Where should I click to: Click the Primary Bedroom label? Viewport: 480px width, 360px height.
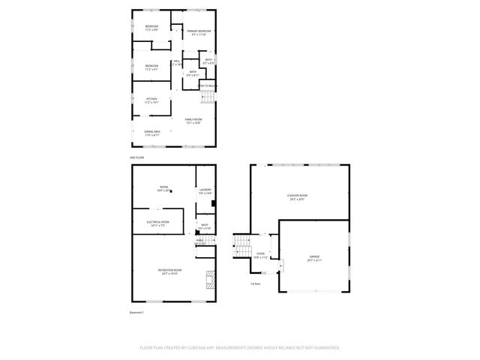(x=199, y=33)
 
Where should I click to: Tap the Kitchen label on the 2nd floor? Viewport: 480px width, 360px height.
(x=152, y=100)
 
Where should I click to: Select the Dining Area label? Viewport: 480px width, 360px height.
(x=152, y=133)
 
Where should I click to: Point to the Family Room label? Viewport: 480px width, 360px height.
(x=194, y=121)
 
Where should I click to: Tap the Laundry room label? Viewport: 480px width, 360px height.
(x=205, y=192)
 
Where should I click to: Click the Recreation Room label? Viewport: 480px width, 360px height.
(x=168, y=271)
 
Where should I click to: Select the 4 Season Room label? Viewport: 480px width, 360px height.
(x=298, y=198)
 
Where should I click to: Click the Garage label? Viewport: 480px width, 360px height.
(x=314, y=259)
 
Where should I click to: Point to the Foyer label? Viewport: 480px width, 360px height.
(x=260, y=256)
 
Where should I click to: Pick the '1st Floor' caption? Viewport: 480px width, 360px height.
(x=256, y=283)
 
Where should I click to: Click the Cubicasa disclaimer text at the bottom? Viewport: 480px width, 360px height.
(x=240, y=348)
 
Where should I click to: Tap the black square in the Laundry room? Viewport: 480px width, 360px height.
(x=214, y=202)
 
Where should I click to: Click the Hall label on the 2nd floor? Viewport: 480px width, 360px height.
(x=177, y=63)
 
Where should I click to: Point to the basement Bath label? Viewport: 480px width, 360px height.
(x=205, y=226)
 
